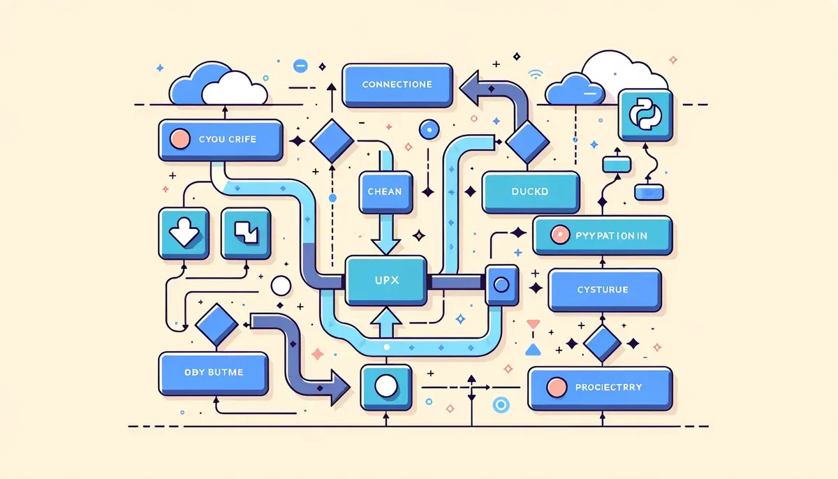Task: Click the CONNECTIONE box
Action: tap(397, 85)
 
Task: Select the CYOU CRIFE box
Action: tap(221, 140)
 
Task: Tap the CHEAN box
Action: tap(384, 191)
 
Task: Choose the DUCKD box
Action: tap(531, 191)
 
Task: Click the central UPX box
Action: tap(386, 280)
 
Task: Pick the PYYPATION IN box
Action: tap(602, 235)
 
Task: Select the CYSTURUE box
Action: tap(604, 290)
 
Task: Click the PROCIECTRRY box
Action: tap(599, 388)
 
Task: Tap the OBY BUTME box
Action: tap(214, 373)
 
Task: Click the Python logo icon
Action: tap(645, 114)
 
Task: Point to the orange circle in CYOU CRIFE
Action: tap(179, 138)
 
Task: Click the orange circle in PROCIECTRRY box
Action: tap(556, 387)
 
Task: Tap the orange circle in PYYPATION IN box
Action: tap(559, 235)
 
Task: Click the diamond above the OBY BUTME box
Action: tap(217, 324)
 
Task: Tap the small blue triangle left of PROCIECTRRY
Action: tap(534, 350)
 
